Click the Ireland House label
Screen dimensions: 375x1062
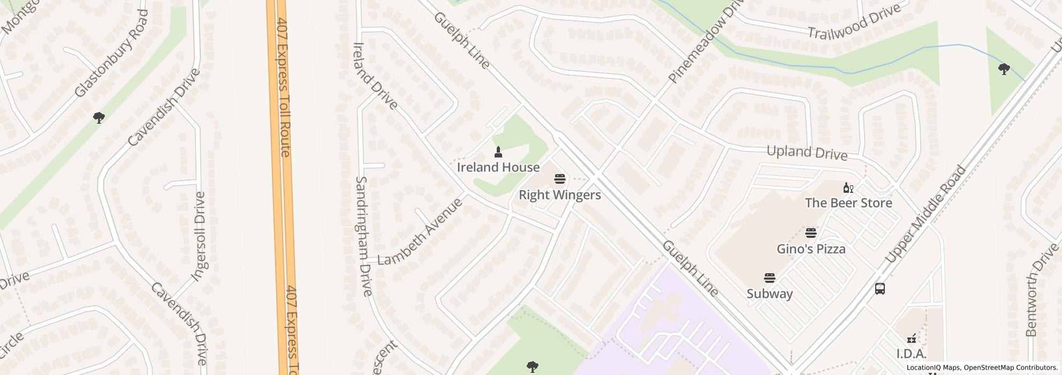(498, 168)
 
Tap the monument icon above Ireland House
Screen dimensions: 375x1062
(498, 152)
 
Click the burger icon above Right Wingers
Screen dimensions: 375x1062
(560, 179)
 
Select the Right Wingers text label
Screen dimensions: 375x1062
(560, 195)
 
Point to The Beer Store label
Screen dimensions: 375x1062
(848, 203)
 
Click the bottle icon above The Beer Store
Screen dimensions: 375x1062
(848, 187)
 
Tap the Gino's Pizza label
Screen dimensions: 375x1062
(811, 249)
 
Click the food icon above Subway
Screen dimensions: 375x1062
(770, 278)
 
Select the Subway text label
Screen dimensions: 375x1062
(770, 294)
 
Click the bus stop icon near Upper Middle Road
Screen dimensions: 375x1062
(880, 289)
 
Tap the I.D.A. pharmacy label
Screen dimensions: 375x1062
(911, 354)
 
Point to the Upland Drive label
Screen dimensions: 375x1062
(807, 153)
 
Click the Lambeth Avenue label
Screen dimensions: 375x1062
(420, 232)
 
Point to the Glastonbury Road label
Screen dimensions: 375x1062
(111, 54)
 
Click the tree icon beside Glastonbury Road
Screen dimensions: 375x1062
(98, 118)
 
